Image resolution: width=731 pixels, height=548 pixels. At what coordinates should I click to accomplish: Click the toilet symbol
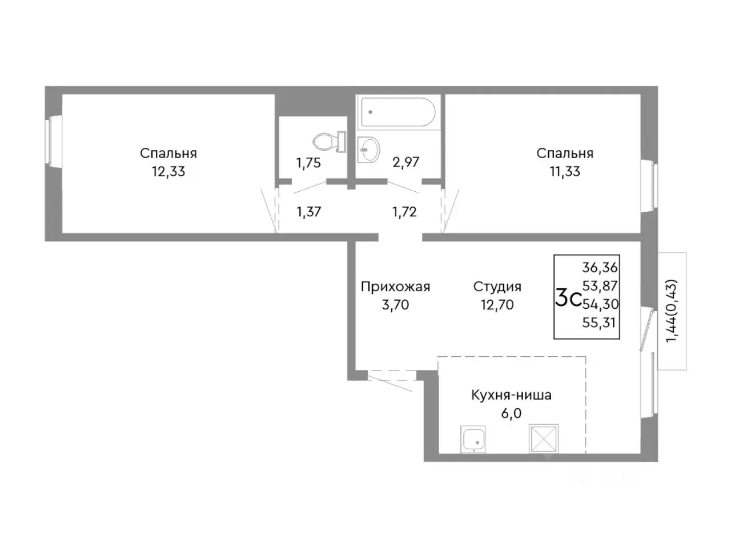point(329,142)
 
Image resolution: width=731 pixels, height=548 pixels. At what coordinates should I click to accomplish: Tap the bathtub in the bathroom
point(397,112)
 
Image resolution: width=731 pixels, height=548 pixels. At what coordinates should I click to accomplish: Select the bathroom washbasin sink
point(368,150)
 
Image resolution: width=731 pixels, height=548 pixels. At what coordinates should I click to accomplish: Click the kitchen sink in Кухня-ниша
point(472,439)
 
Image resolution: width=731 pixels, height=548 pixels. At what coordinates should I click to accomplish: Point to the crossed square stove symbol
point(544,438)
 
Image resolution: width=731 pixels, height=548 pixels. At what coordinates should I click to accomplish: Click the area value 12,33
point(168,172)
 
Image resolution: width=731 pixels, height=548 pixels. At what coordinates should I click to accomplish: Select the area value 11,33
point(565,172)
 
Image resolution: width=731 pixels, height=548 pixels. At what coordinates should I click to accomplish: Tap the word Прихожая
point(395,287)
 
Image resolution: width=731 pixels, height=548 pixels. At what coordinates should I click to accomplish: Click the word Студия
point(497,287)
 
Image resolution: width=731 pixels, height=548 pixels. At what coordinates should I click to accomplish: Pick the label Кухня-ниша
point(512,395)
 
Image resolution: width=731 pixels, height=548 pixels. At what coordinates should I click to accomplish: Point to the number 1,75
point(308,163)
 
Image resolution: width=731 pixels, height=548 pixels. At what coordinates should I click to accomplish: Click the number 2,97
point(405,162)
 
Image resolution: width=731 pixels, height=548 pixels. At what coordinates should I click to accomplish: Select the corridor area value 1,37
point(309,212)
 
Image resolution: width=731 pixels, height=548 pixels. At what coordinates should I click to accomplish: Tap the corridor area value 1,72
point(405,212)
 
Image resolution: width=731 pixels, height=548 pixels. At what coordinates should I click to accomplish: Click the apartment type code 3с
point(568,297)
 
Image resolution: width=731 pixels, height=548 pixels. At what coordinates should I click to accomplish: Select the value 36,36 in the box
point(600,267)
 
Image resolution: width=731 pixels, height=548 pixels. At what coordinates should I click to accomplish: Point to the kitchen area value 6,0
point(511,414)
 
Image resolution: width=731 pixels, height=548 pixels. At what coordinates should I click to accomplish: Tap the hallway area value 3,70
point(395,305)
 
